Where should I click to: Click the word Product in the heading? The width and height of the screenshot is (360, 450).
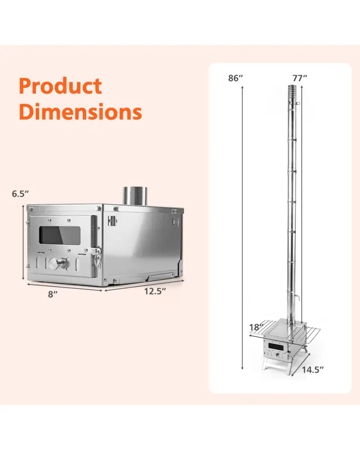[x=60, y=86]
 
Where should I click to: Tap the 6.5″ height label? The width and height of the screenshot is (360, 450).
[x=20, y=193]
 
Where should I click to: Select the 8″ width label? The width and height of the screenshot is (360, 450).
[x=53, y=294]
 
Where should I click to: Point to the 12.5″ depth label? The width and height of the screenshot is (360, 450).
[x=155, y=291]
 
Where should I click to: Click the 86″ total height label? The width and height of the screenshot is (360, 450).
[x=235, y=78]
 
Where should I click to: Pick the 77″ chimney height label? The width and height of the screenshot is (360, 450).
[x=300, y=78]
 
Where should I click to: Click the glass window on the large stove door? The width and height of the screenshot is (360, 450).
[x=60, y=235]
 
